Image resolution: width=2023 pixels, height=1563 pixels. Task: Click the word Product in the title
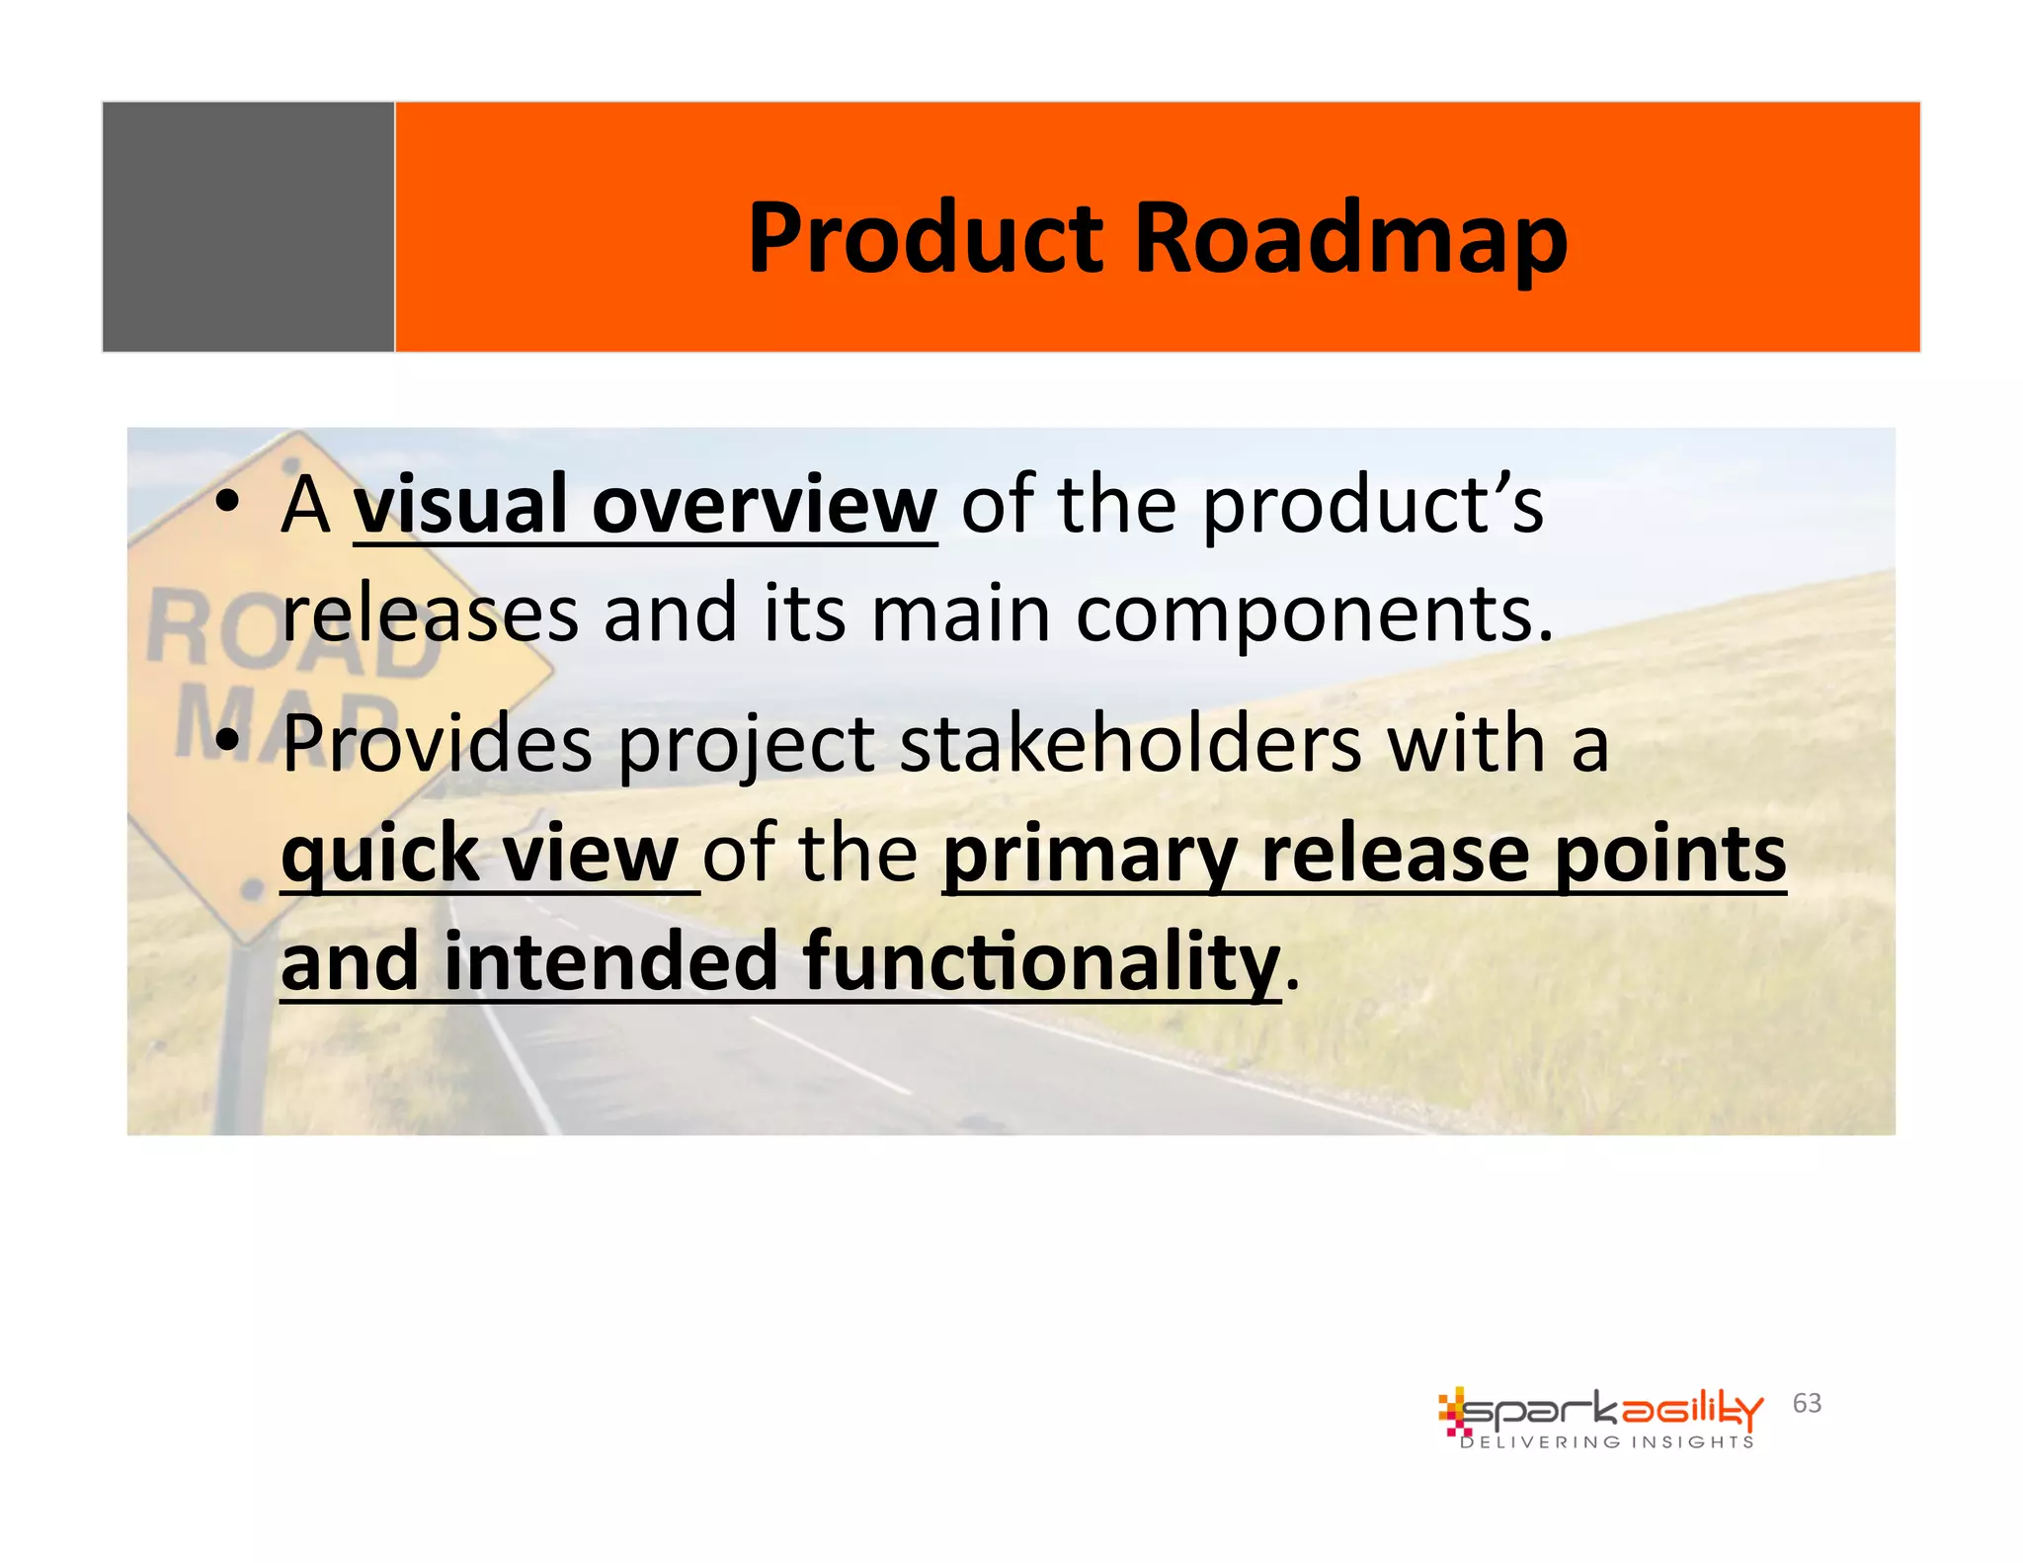tap(925, 239)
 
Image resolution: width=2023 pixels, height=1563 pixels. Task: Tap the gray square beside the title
tap(248, 226)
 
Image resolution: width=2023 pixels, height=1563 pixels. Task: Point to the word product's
tap(1372, 506)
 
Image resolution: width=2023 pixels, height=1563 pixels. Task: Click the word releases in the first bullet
tap(430, 615)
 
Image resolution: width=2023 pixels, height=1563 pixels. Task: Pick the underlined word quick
tap(379, 854)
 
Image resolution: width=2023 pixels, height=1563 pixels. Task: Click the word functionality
tap(1041, 963)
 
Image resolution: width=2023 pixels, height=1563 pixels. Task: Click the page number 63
tap(1807, 1403)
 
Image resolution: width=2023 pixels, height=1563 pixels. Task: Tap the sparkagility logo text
tap(1610, 1411)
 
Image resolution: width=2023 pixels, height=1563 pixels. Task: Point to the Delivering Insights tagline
tap(1606, 1442)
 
